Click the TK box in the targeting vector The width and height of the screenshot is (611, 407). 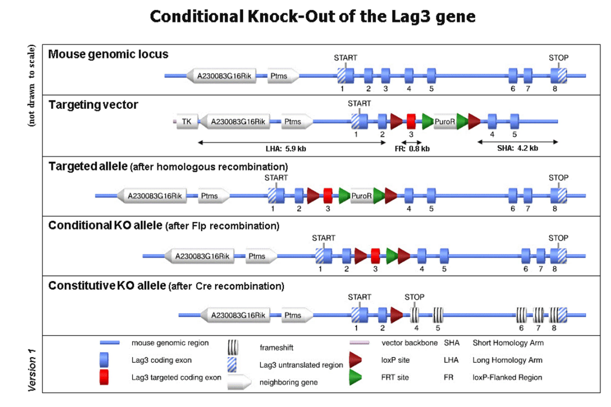[x=187, y=121]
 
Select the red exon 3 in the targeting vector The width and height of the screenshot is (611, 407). [x=411, y=121]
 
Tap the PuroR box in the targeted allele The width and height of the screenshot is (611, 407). [x=361, y=196]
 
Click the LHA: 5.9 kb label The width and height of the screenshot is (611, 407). [x=286, y=149]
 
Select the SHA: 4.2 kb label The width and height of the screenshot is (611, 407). [x=518, y=148]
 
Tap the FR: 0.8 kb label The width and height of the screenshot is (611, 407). [x=412, y=149]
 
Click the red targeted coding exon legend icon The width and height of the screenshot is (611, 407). [x=104, y=377]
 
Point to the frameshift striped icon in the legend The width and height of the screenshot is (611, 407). [x=233, y=347]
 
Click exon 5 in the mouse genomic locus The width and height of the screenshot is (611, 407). [x=431, y=76]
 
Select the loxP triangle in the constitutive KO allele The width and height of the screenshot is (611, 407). [x=396, y=315]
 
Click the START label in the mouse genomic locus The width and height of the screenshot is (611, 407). [x=345, y=58]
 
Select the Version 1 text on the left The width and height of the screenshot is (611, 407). [x=32, y=370]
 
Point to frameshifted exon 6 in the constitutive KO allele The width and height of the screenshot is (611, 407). [x=521, y=315]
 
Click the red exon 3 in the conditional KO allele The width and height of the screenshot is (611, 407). [x=375, y=256]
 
